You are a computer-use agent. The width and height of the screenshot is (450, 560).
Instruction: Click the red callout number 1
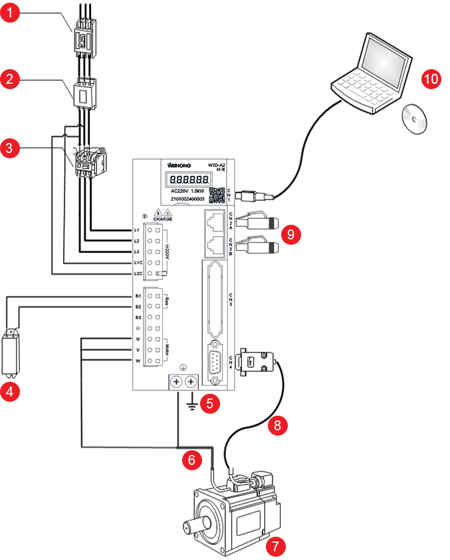9,13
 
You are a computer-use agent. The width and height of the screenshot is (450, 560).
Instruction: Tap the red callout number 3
9,147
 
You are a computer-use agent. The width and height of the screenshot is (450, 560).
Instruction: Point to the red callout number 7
275,547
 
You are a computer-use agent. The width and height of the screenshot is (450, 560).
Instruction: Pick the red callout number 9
290,233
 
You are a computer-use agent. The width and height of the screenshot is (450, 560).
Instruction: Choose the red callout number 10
431,78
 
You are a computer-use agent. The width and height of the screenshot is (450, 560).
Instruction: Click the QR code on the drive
216,196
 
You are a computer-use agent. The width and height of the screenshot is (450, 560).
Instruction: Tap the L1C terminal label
138,263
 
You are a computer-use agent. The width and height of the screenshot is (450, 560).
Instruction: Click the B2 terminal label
138,307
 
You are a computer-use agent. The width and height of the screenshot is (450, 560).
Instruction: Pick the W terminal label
138,360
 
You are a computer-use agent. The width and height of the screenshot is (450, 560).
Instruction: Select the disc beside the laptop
415,120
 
